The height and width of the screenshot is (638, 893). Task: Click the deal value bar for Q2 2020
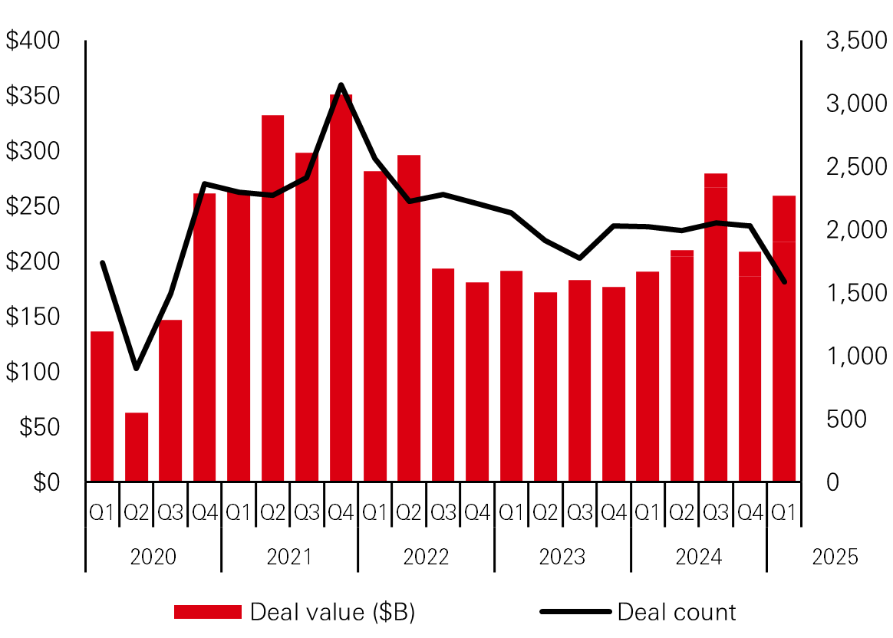(137, 447)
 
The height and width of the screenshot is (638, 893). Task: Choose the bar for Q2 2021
(273, 298)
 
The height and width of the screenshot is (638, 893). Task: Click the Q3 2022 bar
(443, 375)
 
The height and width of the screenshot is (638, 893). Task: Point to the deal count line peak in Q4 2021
(341, 85)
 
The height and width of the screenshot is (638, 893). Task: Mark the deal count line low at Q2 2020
(137, 369)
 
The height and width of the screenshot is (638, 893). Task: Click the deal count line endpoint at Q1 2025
(784, 282)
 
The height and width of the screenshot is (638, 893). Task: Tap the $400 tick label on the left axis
(32, 41)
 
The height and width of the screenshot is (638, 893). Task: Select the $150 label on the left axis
(32, 317)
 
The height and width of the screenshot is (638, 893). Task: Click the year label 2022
(426, 557)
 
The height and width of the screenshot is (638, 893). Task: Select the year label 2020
(153, 557)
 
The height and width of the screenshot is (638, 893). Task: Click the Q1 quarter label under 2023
(511, 512)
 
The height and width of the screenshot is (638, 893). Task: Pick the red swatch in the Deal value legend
(208, 612)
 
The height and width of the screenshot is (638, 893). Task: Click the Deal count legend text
(676, 612)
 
